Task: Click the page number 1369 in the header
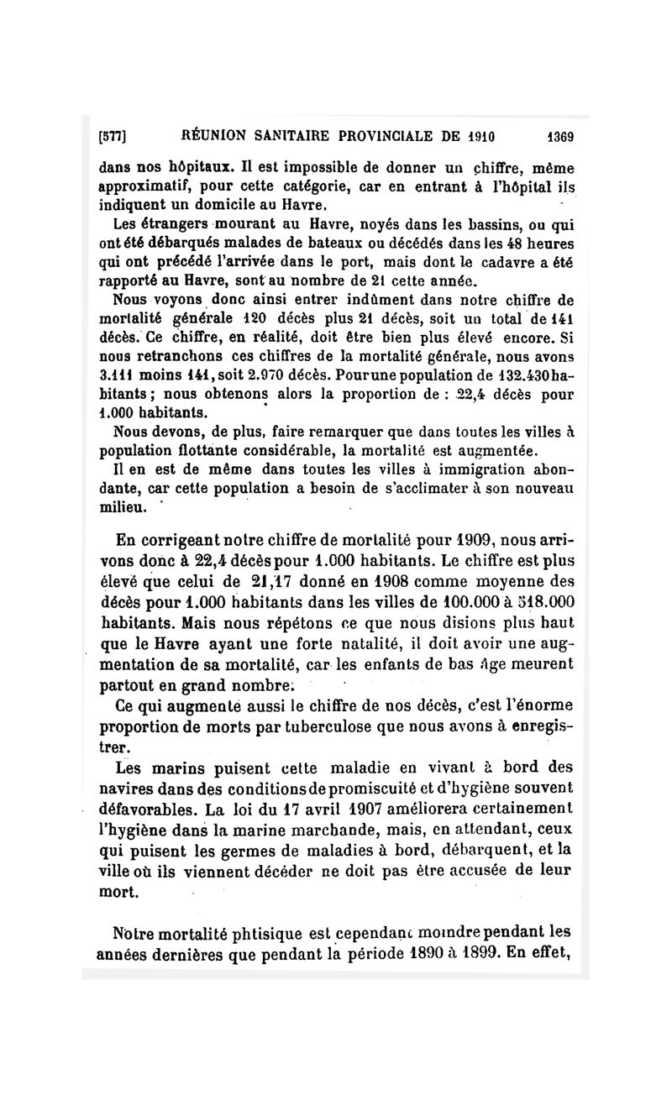[x=559, y=136]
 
